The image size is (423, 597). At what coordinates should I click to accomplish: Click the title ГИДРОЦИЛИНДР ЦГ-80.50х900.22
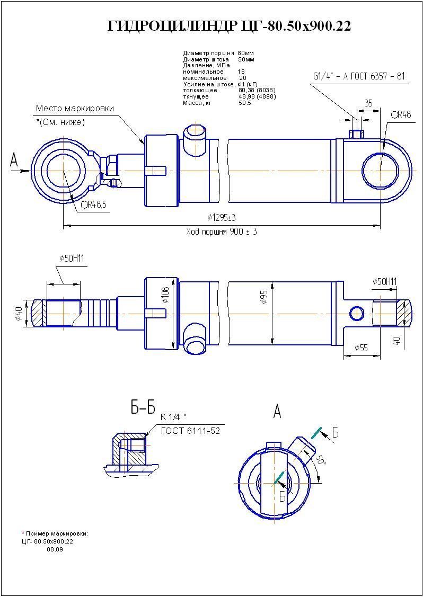(x=229, y=26)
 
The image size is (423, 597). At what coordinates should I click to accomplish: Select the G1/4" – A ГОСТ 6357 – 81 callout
(x=359, y=76)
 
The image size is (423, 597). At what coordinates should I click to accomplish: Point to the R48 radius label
(x=402, y=114)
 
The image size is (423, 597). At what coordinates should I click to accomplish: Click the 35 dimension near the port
(x=369, y=103)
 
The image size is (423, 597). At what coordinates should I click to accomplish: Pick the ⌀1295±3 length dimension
(x=222, y=218)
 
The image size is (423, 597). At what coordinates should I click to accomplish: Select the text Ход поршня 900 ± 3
(x=222, y=232)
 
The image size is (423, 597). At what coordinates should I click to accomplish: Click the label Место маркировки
(x=75, y=109)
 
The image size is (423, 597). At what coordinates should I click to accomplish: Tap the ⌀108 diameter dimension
(x=165, y=297)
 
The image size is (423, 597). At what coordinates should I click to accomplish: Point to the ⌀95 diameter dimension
(x=263, y=298)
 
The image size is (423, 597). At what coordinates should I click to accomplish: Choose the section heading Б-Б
(x=143, y=407)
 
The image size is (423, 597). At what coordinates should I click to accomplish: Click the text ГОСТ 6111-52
(x=190, y=431)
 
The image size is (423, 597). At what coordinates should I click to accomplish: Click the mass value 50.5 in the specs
(x=245, y=103)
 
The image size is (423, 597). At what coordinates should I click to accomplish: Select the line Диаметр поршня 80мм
(x=218, y=54)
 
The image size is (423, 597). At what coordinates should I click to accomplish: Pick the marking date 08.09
(x=55, y=549)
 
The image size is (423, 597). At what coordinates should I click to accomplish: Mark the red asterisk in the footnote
(x=23, y=532)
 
